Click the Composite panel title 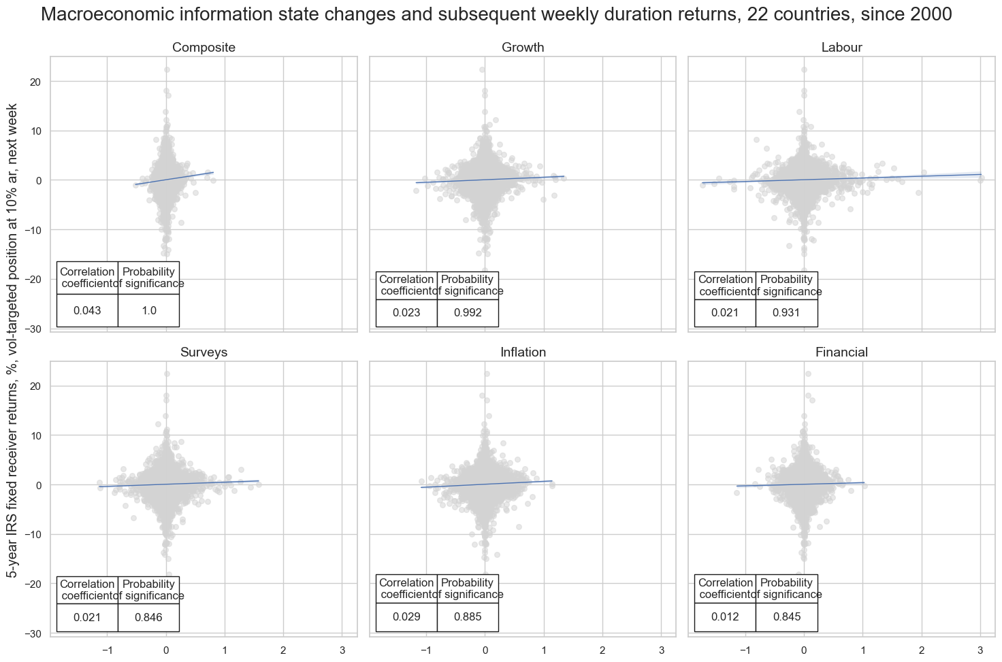pyautogui.click(x=204, y=48)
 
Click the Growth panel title pyautogui.click(x=523, y=48)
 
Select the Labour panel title pyautogui.click(x=841, y=48)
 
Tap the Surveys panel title pyautogui.click(x=204, y=352)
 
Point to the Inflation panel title pyautogui.click(x=523, y=352)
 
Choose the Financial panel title pyautogui.click(x=841, y=352)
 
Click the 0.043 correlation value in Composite pyautogui.click(x=87, y=311)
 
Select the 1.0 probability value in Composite pyautogui.click(x=148, y=311)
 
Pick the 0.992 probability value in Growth pyautogui.click(x=468, y=313)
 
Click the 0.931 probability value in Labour pyautogui.click(x=786, y=313)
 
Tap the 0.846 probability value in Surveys pyautogui.click(x=148, y=618)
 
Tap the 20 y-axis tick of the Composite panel pyautogui.click(x=35, y=82)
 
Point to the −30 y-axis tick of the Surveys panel pyautogui.click(x=33, y=633)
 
